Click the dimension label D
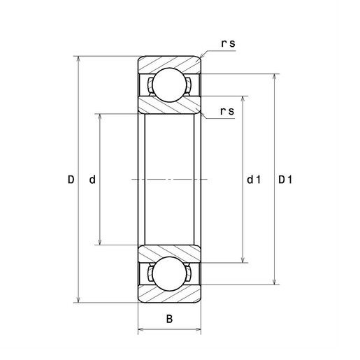click(71, 180)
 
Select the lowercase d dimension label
click(92, 180)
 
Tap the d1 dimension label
click(254, 180)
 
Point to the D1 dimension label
click(285, 180)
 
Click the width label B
click(169, 319)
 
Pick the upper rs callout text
click(229, 43)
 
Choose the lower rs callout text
click(227, 111)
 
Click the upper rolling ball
click(170, 85)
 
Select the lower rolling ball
click(170, 274)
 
